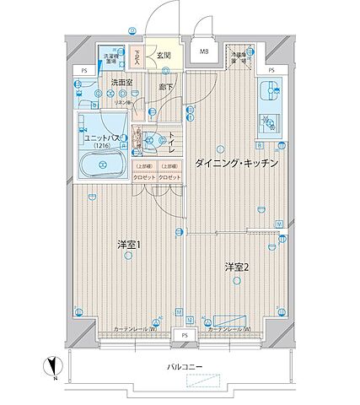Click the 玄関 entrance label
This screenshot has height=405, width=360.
click(164, 57)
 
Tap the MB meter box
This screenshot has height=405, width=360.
click(204, 52)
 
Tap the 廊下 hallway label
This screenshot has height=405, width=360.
click(166, 85)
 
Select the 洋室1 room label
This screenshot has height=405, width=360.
click(127, 245)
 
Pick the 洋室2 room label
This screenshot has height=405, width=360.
click(235, 267)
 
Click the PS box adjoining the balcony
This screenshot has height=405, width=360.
click(183, 335)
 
